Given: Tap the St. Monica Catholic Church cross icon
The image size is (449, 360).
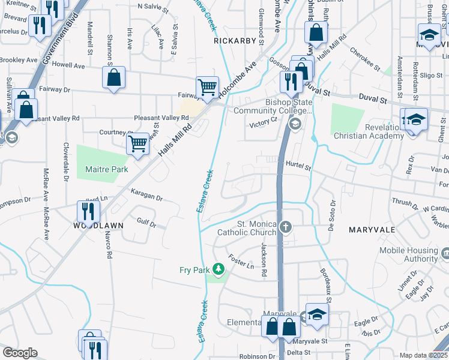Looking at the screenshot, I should point(286,227).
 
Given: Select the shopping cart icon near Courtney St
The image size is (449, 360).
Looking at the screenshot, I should point(138,144).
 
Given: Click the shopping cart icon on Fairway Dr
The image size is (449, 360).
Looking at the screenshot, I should point(207,88).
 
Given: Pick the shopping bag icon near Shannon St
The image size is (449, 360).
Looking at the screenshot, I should point(113,77).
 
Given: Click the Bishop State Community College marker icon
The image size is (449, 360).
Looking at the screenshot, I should point(294,124).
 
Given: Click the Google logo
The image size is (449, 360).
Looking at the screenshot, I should point(19,353).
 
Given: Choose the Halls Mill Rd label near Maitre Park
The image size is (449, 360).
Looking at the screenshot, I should point(175,141).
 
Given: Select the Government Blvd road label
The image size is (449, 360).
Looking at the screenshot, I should point(56,45).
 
